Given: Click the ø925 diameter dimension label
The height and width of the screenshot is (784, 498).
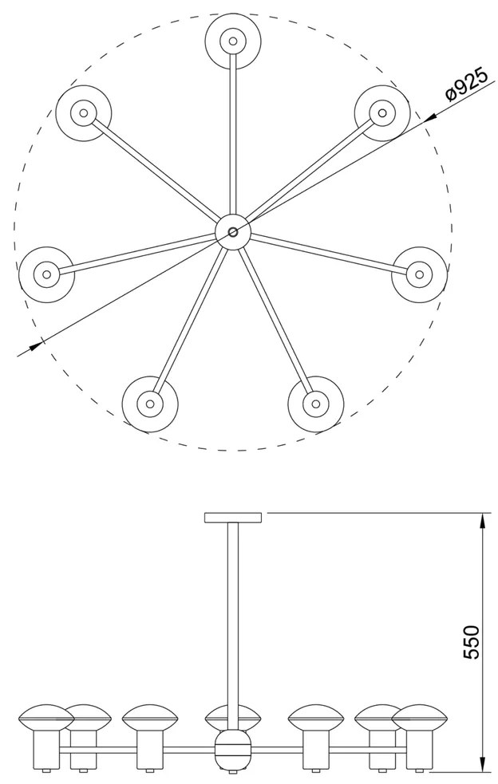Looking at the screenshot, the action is coord(466,85).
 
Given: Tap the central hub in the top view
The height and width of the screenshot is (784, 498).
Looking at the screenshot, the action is coord(233,232).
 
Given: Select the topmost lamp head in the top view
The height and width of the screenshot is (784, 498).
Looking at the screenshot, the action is coord(233,41).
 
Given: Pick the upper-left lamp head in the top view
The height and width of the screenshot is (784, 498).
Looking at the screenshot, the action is coord(84,112).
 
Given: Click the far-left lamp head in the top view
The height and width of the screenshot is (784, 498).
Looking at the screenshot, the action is coord(46,274).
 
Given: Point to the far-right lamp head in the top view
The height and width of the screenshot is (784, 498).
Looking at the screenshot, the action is coord(420,274).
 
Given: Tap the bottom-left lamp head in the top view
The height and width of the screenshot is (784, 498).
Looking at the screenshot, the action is coord(150,403).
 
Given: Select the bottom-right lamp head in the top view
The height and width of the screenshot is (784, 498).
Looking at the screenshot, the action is coord(316,403).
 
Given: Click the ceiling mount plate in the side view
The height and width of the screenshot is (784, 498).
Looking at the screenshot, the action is coord(233,518).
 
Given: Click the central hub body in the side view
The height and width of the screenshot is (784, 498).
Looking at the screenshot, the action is coord(233,749).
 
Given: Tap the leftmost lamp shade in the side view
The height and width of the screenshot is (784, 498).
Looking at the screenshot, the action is coord(45,719).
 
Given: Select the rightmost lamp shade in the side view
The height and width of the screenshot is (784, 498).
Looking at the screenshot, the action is coord(420,719).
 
